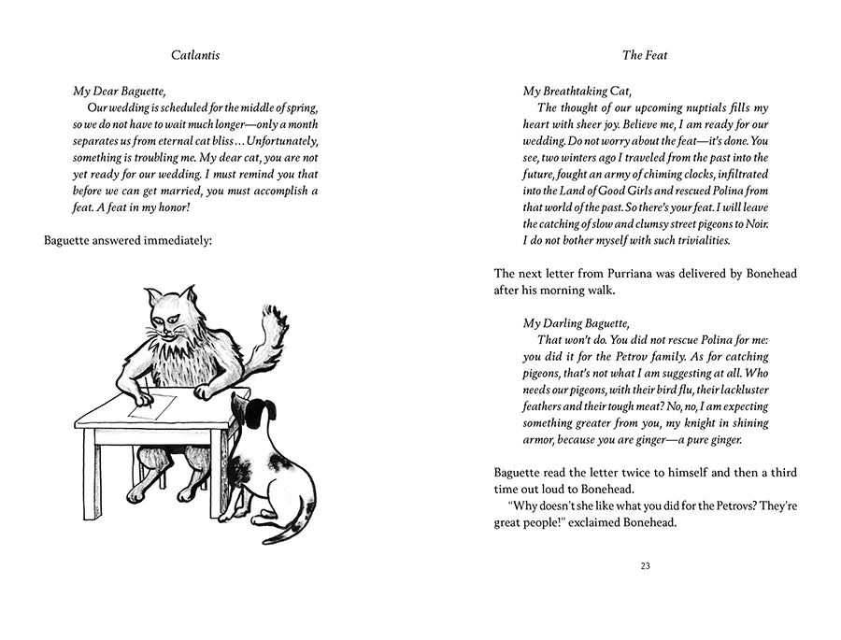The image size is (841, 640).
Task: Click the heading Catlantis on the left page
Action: pos(195,55)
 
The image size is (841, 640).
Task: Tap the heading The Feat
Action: pos(645,55)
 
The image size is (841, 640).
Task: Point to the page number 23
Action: pos(645,565)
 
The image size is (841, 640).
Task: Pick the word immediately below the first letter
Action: pos(172,241)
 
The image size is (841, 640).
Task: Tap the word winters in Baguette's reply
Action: pos(591,157)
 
